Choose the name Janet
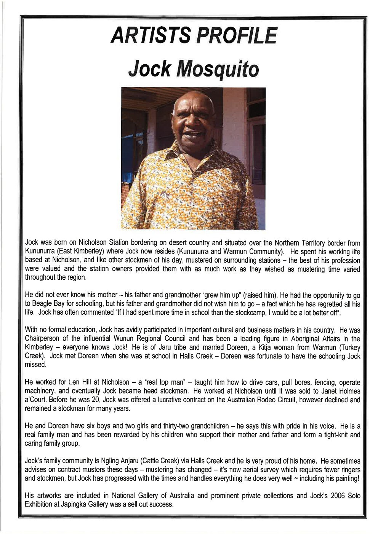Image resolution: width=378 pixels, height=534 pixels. pos(322,391)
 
